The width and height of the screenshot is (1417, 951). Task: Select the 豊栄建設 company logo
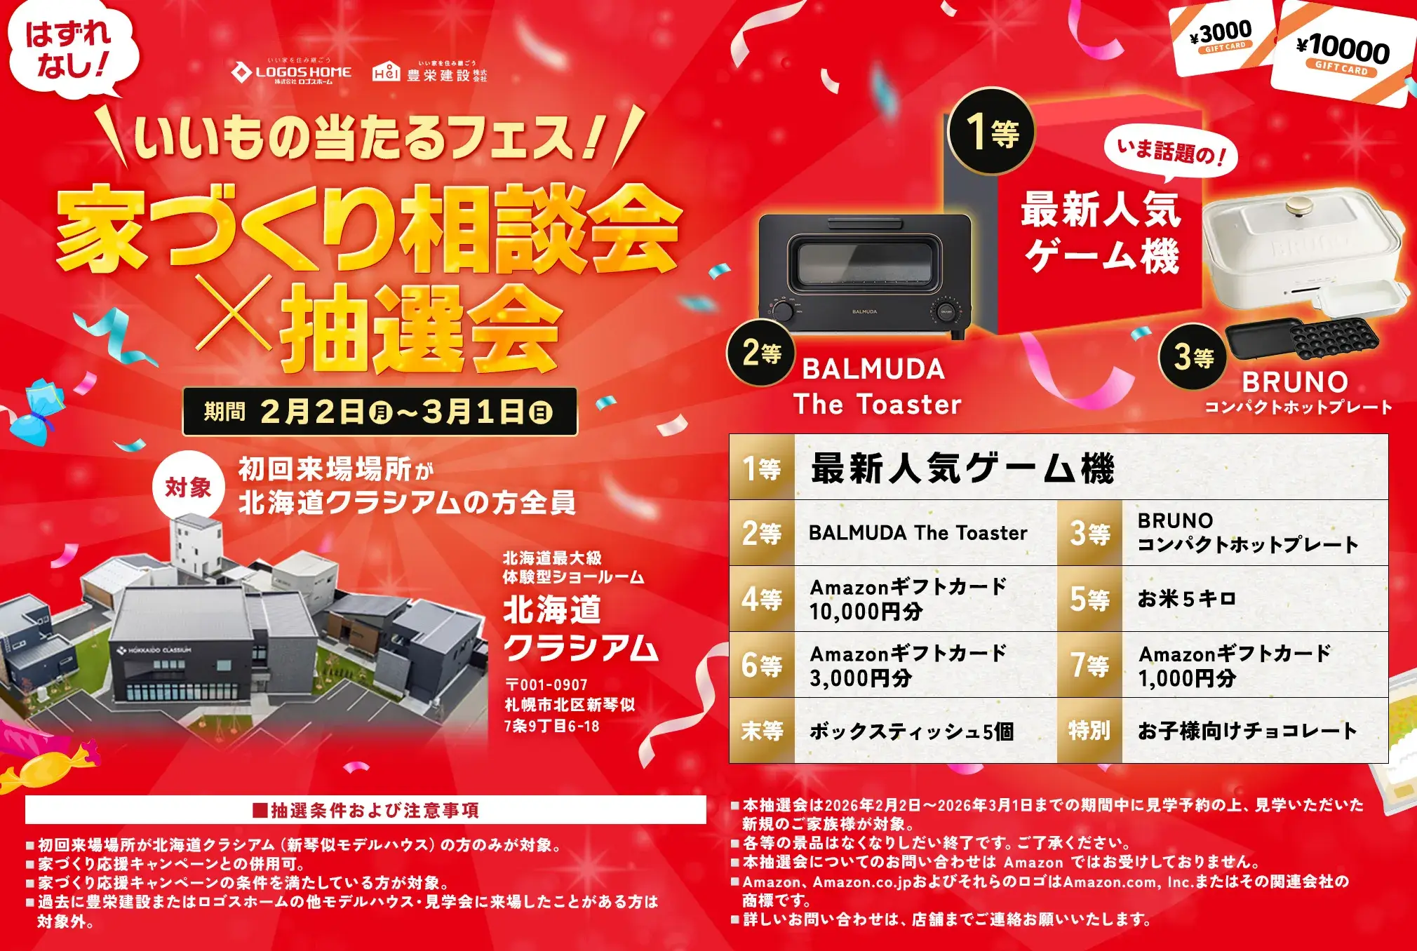pyautogui.click(x=429, y=72)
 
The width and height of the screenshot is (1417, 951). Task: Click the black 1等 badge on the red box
pyautogui.click(x=991, y=132)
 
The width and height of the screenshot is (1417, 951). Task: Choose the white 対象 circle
pyautogui.click(x=188, y=486)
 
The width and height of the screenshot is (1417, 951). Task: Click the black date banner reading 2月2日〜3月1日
pyautogui.click(x=380, y=412)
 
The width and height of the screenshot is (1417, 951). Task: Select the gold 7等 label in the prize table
pyautogui.click(x=1089, y=665)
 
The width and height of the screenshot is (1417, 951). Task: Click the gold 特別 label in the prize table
pyautogui.click(x=1089, y=731)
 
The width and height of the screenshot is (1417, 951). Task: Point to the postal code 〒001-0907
pyautogui.click(x=546, y=684)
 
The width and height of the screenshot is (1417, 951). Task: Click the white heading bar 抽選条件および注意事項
pyautogui.click(x=365, y=810)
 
